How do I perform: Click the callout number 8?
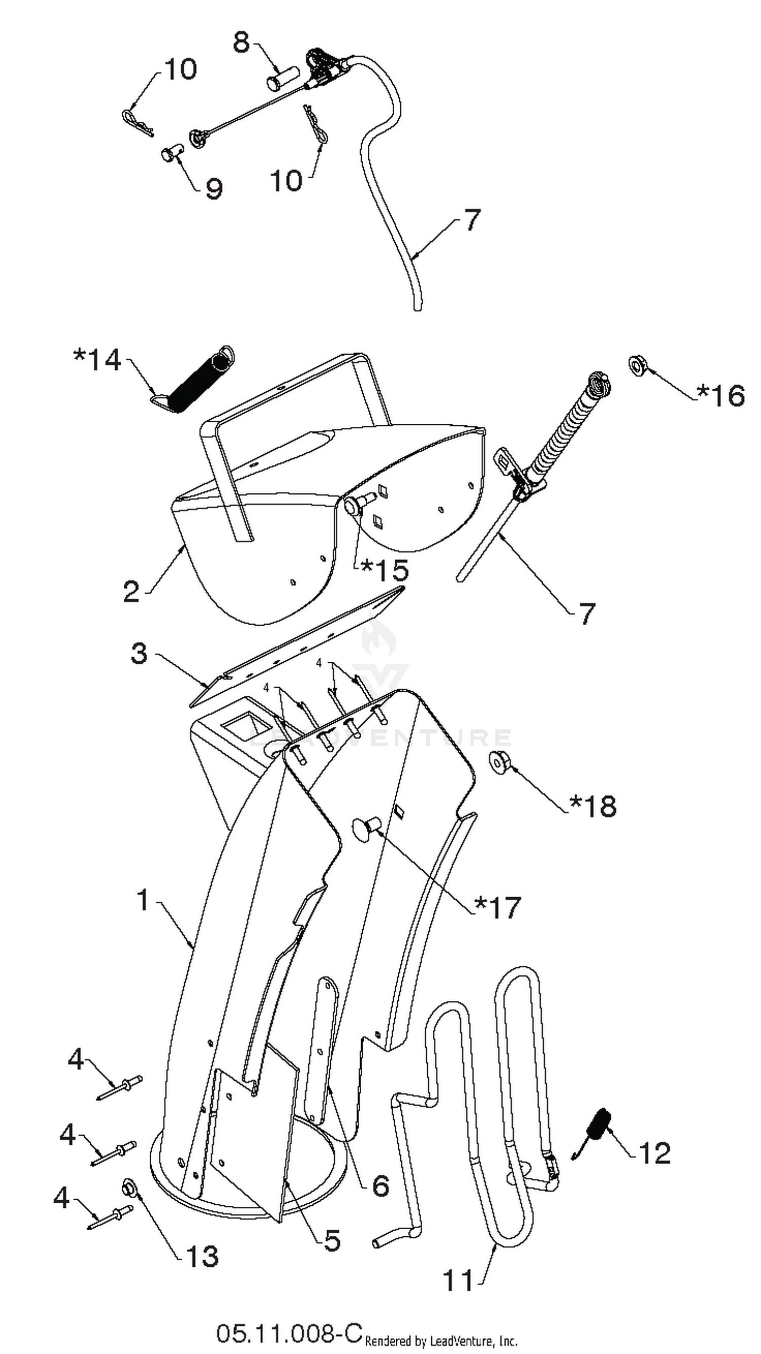click(x=241, y=42)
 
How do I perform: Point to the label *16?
click(x=721, y=395)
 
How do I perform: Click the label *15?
click(x=384, y=569)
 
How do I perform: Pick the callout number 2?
click(x=132, y=592)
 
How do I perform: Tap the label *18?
click(x=593, y=805)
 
